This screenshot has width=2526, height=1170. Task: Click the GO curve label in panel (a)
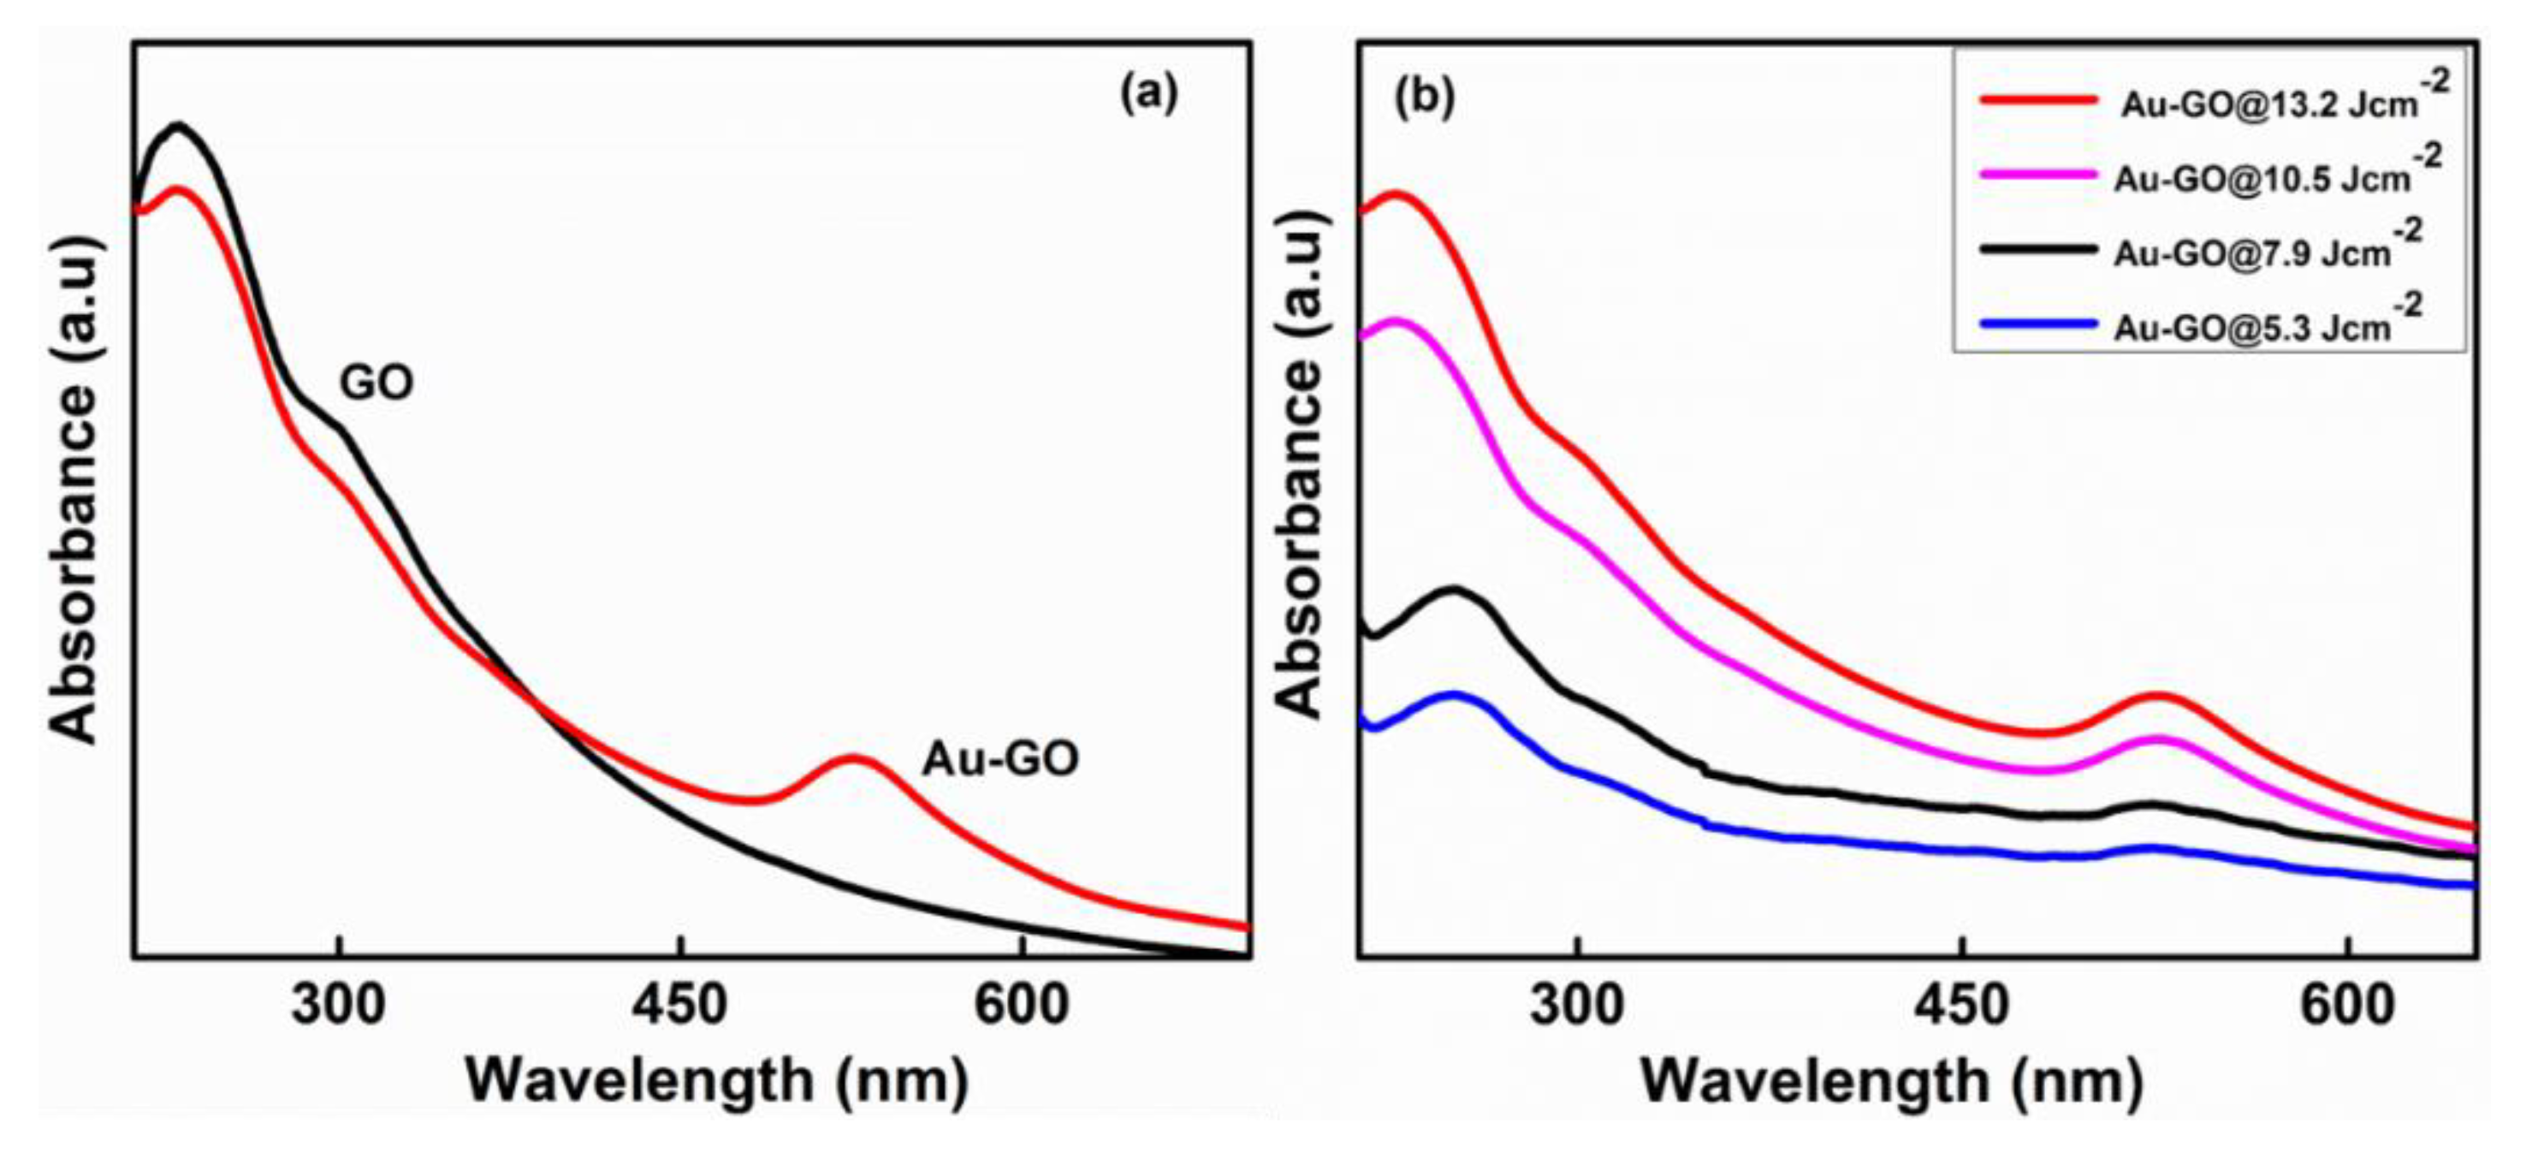[377, 383]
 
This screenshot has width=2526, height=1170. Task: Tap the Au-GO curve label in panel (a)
[999, 758]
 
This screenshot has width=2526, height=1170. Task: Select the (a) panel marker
[1148, 95]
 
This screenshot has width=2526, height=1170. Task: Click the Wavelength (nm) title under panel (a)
[717, 1081]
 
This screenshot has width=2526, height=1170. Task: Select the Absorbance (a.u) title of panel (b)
[1302, 466]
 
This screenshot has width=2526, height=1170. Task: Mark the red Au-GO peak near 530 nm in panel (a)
[852, 758]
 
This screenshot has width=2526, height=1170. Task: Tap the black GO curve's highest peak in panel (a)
[177, 126]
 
